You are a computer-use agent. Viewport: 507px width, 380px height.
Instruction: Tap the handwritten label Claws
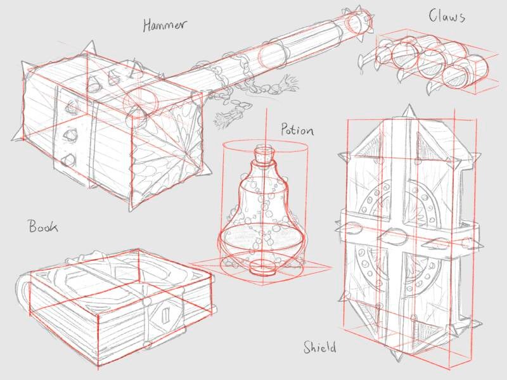click(447, 16)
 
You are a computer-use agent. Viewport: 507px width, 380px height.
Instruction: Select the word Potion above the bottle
click(297, 131)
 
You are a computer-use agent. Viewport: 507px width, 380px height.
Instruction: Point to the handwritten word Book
click(43, 226)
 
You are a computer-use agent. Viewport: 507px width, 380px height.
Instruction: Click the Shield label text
click(319, 347)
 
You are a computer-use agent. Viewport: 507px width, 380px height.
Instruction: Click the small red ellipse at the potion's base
click(261, 265)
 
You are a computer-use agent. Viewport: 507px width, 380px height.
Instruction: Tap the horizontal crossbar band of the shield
click(406, 231)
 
